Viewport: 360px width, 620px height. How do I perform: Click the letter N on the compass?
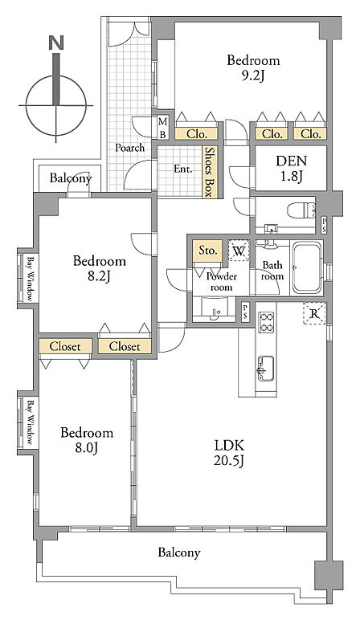pos(55,43)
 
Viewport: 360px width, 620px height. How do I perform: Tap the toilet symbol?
pos(301,210)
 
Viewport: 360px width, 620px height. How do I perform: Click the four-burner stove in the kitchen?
pos(266,322)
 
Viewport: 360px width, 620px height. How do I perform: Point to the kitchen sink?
pos(266,368)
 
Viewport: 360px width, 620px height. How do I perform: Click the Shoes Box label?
pos(208,172)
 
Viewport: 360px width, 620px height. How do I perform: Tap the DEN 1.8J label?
pos(291,169)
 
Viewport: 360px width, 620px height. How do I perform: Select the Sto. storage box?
pos(207,251)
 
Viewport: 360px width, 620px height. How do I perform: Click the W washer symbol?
pos(239,251)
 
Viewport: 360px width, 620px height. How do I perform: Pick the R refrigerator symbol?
pos(314,314)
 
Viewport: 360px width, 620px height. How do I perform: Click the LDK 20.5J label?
pos(229,453)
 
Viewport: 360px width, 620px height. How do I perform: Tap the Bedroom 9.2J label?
pos(253,67)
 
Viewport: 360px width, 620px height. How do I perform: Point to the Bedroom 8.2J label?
pos(100,268)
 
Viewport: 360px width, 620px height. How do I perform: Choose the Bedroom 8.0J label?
pos(87,439)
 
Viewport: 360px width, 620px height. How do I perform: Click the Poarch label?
pos(129,148)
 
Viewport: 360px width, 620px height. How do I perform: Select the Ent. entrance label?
pos(182,169)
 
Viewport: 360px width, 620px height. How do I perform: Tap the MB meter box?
pos(163,128)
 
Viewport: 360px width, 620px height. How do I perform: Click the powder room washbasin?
pos(216,309)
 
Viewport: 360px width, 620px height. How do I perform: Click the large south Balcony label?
pos(179,553)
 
